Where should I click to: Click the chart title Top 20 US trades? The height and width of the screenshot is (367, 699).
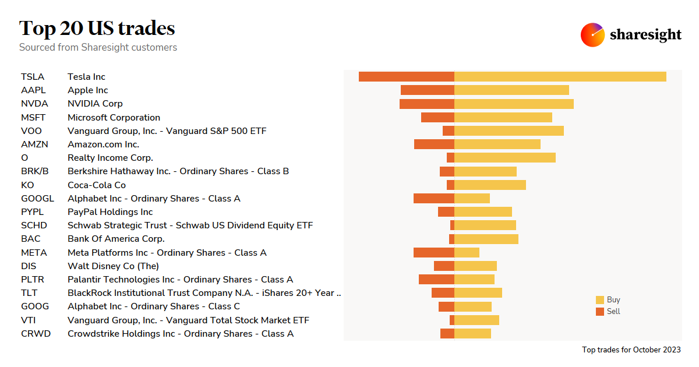[97, 28]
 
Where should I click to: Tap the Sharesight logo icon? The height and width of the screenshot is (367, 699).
[592, 35]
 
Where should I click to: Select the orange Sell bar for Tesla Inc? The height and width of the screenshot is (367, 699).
[406, 76]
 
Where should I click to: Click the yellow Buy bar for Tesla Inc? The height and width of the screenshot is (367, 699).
[560, 76]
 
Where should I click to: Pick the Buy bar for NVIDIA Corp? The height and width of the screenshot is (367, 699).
[514, 104]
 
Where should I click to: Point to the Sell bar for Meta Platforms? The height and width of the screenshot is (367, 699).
[433, 252]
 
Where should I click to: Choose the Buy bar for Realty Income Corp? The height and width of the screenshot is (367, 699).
[504, 158]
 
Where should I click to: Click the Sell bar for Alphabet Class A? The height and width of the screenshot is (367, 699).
[433, 198]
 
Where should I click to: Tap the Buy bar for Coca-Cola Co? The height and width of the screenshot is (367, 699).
[490, 185]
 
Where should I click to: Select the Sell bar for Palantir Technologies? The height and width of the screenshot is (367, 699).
[436, 280]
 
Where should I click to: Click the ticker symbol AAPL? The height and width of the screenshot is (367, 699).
[33, 90]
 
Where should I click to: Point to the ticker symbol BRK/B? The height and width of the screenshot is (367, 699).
[35, 171]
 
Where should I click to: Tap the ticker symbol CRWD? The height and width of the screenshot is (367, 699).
[36, 334]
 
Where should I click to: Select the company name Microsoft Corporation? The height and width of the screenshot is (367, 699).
[114, 117]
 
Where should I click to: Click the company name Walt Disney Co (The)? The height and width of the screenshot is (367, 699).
[113, 266]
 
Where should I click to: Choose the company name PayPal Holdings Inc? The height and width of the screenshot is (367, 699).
[110, 212]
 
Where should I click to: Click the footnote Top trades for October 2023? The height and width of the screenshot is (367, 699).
[631, 350]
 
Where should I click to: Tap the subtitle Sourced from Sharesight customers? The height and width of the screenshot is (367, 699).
[98, 47]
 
